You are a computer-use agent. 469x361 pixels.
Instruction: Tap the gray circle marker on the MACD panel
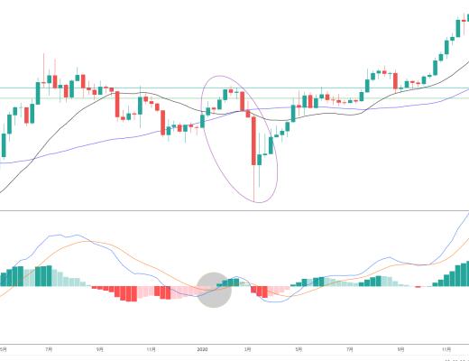pos(215,289)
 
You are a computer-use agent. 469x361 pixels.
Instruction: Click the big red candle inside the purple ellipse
pos(254,139)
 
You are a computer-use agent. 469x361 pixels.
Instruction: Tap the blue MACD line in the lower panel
pos(72,237)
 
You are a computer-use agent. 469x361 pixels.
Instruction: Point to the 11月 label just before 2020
pos(150,347)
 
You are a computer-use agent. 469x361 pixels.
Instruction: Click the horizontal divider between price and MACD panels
pos(234,211)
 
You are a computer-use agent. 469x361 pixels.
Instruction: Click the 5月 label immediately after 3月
pos(299,347)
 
